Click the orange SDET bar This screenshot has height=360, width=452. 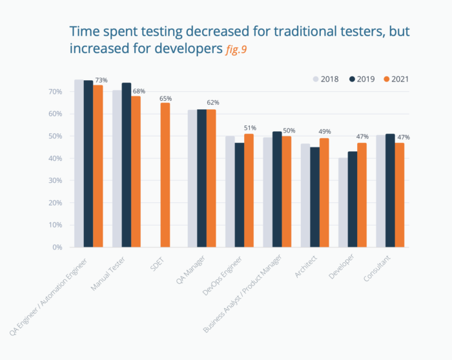pyautogui.click(x=165, y=175)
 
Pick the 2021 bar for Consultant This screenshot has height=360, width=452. pyautogui.click(x=400, y=195)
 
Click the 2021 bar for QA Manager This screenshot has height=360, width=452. pyautogui.click(x=211, y=178)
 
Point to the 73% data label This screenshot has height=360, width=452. pyautogui.click(x=101, y=80)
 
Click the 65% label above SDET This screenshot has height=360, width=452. pyautogui.click(x=166, y=98)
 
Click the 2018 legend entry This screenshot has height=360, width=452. pyautogui.click(x=327, y=79)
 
